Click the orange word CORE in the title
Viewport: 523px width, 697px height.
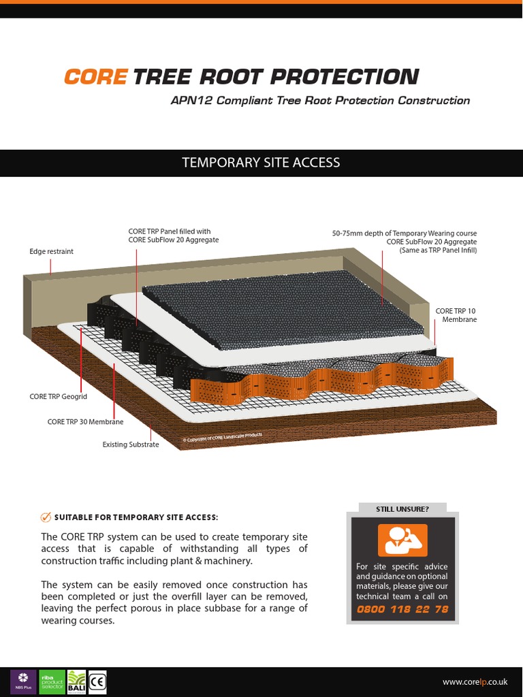[95, 77]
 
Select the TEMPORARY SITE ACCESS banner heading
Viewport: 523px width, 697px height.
[261, 163]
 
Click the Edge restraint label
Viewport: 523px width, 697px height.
[51, 252]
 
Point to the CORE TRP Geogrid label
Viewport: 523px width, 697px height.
[58, 395]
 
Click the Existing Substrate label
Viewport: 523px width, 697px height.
[130, 444]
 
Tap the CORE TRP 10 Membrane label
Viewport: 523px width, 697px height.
[456, 315]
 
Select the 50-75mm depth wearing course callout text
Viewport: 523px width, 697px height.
[405, 242]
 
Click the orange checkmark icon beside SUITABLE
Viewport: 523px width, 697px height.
[46, 517]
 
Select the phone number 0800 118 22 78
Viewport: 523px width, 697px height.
[402, 609]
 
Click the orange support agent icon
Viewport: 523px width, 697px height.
[402, 540]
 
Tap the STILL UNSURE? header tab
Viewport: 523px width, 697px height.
[402, 509]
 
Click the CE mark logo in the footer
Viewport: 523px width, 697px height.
[97, 682]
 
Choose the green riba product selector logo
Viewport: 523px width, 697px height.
[52, 682]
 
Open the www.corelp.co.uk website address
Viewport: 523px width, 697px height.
[475, 682]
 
